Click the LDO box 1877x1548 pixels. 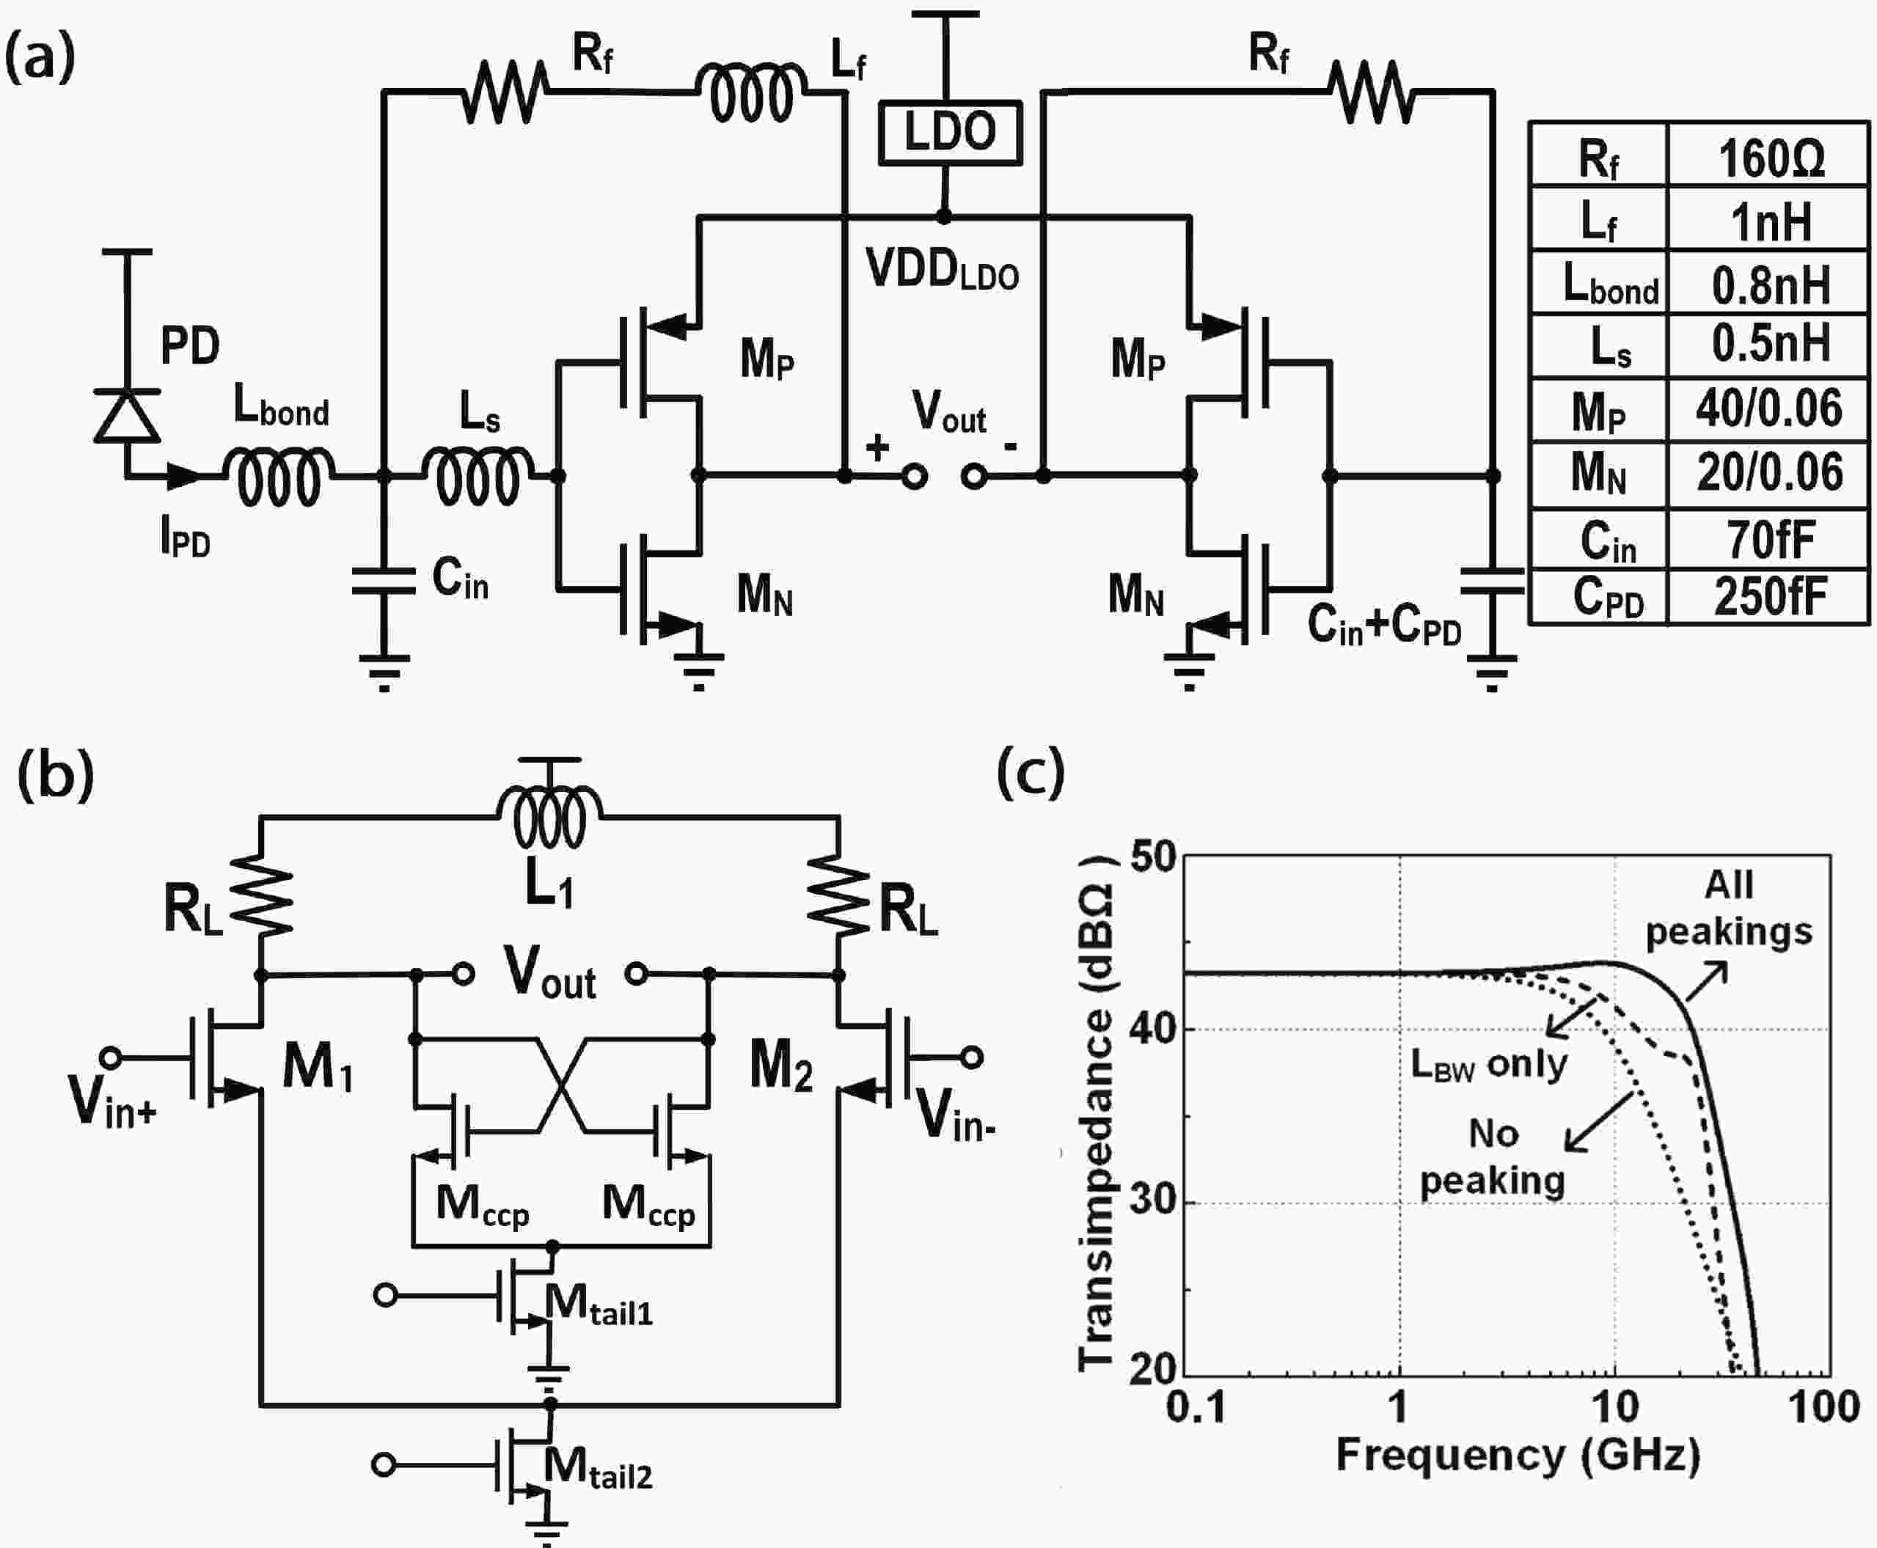(950, 133)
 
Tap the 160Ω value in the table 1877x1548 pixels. (1770, 158)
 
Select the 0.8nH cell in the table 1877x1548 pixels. (1770, 285)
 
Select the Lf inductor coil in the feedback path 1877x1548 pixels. (752, 92)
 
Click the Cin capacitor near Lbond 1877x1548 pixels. (384, 581)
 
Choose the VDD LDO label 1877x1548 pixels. (942, 269)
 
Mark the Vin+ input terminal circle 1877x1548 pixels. (111, 1057)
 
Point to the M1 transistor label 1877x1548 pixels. (318, 1068)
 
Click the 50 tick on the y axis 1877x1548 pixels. (1153, 857)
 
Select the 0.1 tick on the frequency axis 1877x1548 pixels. (1196, 1407)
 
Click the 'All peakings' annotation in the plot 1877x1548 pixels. (1728, 908)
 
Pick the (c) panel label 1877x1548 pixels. (1030, 772)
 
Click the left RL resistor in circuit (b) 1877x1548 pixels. (261, 895)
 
